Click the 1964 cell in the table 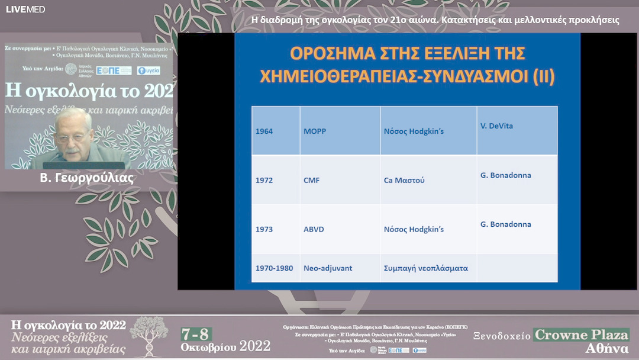click(x=264, y=131)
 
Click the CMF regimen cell click(x=311, y=180)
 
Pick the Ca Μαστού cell click(x=404, y=180)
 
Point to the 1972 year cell click(x=264, y=180)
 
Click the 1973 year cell click(x=264, y=229)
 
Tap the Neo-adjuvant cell click(x=327, y=268)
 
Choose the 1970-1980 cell click(x=274, y=268)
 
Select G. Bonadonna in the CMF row click(x=505, y=175)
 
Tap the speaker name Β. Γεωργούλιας click(x=86, y=178)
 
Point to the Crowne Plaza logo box click(x=581, y=335)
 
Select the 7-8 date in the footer click(x=196, y=334)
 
